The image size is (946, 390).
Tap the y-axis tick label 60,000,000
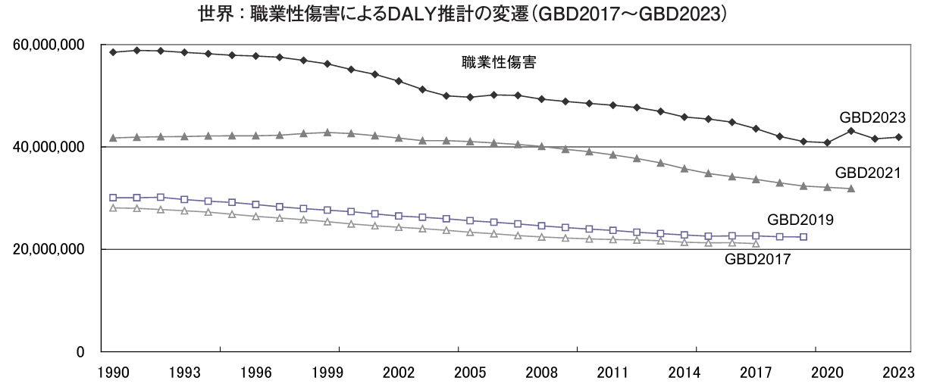tap(49, 45)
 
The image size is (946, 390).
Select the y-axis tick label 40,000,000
tap(49, 147)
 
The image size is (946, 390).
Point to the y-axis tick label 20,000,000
tap(49, 249)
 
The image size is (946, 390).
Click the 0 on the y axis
tap(78, 352)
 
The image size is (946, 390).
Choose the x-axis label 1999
tap(327, 373)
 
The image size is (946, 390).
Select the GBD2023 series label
tap(873, 117)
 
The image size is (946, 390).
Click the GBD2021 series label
tap(868, 173)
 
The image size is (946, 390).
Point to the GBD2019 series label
tap(801, 220)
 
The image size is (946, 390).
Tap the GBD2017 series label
tap(758, 259)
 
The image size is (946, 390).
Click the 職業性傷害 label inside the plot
tap(499, 64)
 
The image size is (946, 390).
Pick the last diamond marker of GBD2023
tap(898, 137)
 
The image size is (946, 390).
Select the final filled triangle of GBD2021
tap(851, 189)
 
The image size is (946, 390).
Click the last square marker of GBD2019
tap(803, 237)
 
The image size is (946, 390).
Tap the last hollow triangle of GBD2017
tap(756, 243)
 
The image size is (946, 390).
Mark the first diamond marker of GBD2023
tap(113, 52)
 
